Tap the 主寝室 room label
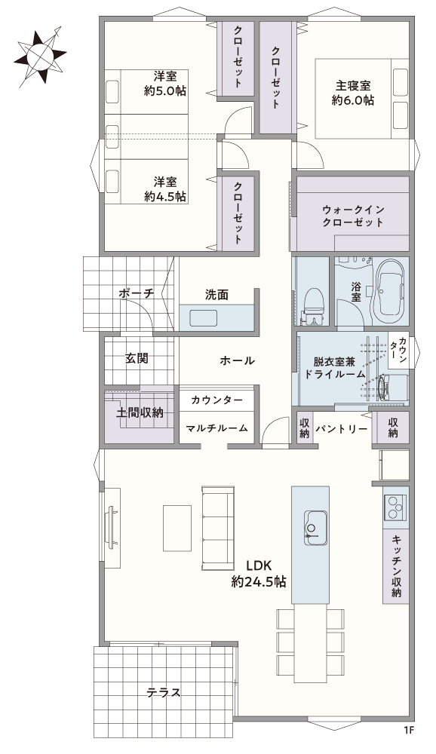click(353, 86)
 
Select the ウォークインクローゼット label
click(353, 216)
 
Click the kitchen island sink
click(315, 528)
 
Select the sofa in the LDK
click(218, 528)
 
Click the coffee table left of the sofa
click(177, 528)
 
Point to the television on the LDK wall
click(112, 527)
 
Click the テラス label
click(164, 692)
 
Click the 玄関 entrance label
click(137, 357)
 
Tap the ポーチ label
click(137, 293)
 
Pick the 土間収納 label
click(140, 412)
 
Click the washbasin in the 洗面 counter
click(204, 318)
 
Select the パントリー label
click(342, 428)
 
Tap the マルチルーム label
click(216, 428)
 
